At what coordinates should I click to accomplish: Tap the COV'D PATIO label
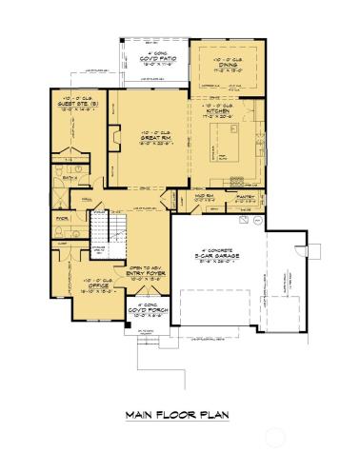[x=152, y=61]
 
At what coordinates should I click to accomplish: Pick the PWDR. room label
[x=62, y=217]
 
